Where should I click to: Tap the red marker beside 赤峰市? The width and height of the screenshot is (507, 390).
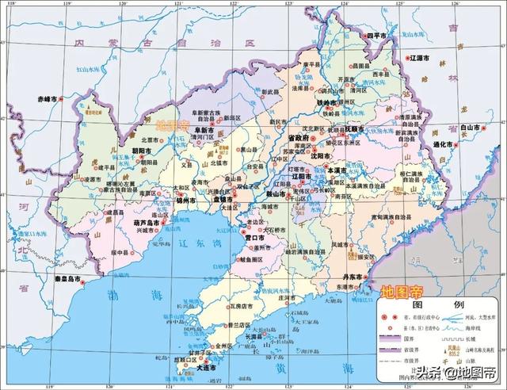pyautogui.click(x=64, y=100)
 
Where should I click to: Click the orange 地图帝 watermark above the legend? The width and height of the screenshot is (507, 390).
pyautogui.click(x=402, y=290)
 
